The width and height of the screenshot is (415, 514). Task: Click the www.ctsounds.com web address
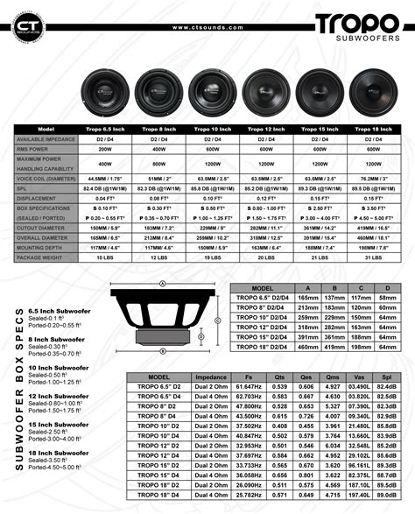coord(207,27)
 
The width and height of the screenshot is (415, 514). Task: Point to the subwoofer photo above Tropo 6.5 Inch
coord(104,90)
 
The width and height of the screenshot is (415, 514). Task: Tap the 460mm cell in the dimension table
coord(308,347)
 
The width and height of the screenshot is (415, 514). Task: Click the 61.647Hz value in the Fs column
coord(250,385)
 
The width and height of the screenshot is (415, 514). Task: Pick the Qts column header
coord(280,376)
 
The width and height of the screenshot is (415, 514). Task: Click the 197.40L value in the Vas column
coord(359,495)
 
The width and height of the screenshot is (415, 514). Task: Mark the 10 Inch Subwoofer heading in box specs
coord(58,369)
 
